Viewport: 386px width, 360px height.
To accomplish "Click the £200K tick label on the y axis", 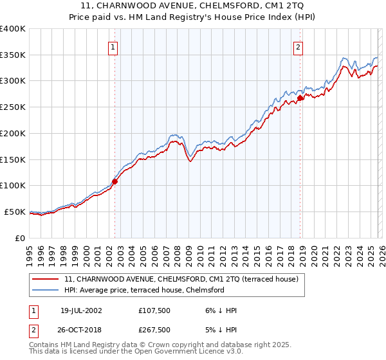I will click(13, 133).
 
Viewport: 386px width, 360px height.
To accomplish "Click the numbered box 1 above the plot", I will click(113, 46).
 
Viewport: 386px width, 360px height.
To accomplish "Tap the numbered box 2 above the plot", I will click(299, 46).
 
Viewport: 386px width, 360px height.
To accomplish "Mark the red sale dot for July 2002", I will click(115, 181).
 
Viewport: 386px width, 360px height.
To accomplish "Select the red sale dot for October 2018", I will click(300, 98).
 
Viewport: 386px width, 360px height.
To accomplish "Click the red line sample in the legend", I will click(46, 280).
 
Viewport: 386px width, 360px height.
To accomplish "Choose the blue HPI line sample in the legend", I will click(46, 291).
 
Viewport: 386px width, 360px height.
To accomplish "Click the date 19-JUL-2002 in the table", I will click(81, 310).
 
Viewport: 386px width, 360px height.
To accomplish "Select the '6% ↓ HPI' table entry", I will click(220, 310).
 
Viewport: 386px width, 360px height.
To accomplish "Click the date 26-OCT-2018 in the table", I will click(81, 330).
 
